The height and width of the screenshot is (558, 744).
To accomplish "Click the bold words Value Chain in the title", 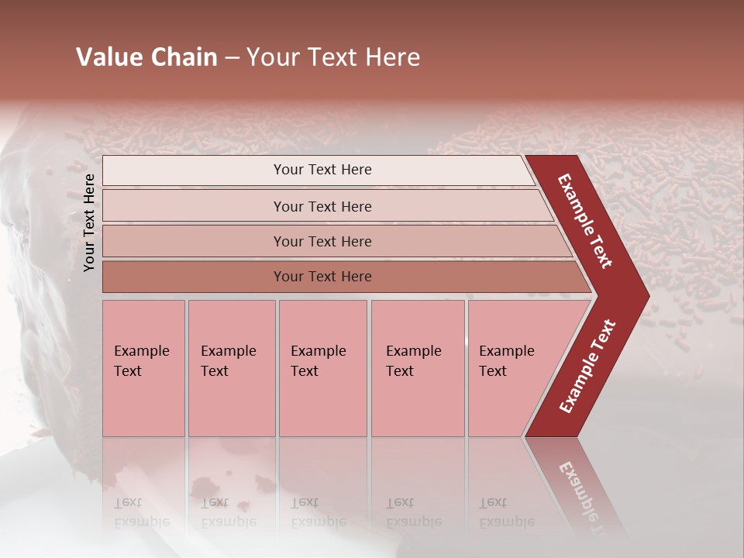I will click(146, 57).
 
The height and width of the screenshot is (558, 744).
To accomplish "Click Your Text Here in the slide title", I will click(333, 57).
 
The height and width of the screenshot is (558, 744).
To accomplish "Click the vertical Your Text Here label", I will click(89, 222).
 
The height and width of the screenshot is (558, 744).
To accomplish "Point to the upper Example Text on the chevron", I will click(585, 221).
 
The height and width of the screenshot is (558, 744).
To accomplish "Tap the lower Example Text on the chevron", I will click(587, 367).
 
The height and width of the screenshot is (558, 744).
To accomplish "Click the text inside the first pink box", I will click(141, 360).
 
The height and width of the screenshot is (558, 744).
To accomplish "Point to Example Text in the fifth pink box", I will click(506, 360).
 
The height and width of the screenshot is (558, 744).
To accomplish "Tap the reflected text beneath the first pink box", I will click(141, 512).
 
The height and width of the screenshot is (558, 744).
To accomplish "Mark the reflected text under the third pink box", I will click(318, 512).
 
